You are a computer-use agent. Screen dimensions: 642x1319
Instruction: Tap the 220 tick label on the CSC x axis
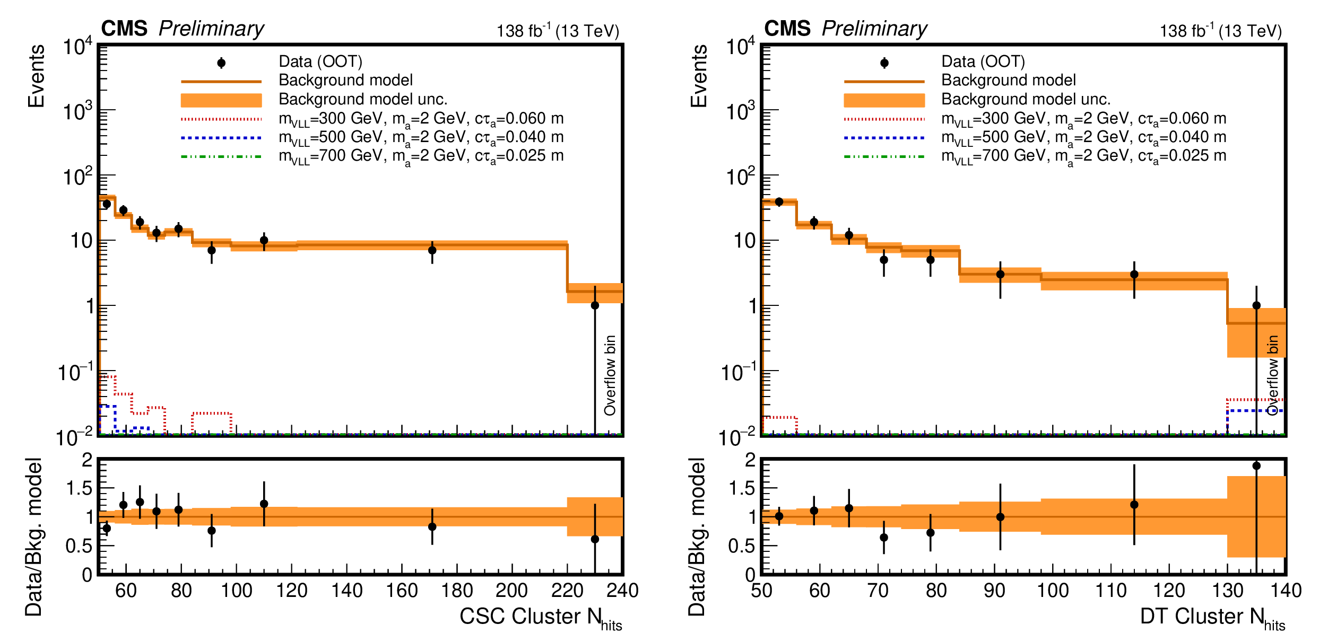[x=567, y=591]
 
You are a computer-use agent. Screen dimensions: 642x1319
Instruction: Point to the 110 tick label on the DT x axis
[x=1111, y=591]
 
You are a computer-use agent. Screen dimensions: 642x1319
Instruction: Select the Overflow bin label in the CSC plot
[x=610, y=375]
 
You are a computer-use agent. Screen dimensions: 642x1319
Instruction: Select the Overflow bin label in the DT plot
[x=1273, y=375]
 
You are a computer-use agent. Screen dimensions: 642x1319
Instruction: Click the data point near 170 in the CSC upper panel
[x=432, y=250]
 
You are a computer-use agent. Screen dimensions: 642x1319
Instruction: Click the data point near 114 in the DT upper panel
[x=1134, y=275]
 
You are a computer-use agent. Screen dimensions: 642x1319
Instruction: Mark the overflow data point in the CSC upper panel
[x=595, y=305]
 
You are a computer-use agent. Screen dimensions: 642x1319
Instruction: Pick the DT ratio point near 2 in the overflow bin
[x=1256, y=466]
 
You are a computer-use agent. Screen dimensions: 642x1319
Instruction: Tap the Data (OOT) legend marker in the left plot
[x=221, y=63]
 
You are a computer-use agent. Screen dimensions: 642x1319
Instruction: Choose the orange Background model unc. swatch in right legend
[x=884, y=100]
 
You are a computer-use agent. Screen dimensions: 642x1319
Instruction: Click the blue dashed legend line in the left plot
[x=221, y=138]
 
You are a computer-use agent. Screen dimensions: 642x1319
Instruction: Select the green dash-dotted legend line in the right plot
[x=884, y=156]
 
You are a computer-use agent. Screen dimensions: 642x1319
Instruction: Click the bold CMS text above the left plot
[x=124, y=29]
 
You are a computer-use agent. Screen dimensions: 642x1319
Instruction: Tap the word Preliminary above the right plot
[x=874, y=29]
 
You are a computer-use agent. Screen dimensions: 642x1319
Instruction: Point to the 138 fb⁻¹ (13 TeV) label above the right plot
[x=1220, y=31]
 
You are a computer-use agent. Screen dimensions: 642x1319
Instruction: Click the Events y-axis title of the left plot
[x=36, y=76]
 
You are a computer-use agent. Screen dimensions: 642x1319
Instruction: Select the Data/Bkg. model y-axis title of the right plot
[x=697, y=537]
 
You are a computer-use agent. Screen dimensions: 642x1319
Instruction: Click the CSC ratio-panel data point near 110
[x=264, y=504]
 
